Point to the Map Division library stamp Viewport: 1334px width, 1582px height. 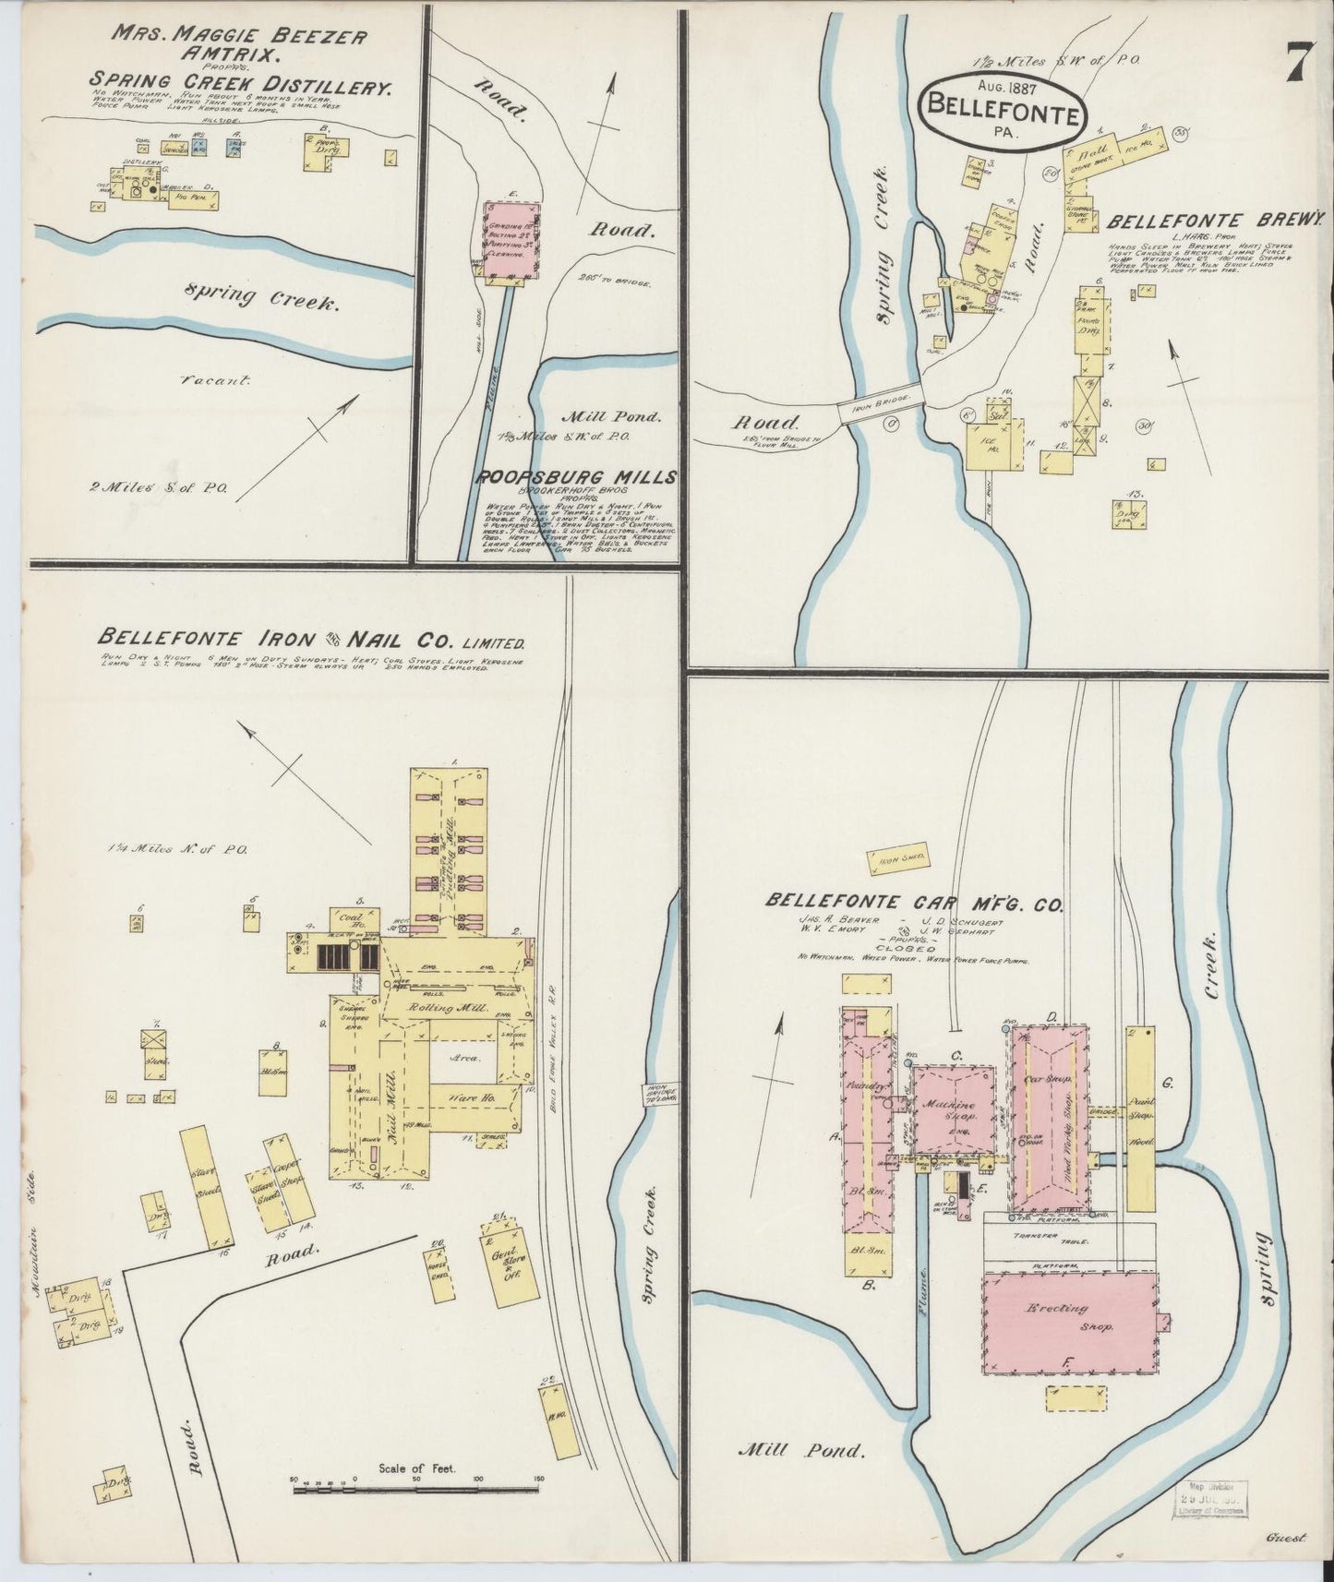pyautogui.click(x=1208, y=1498)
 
